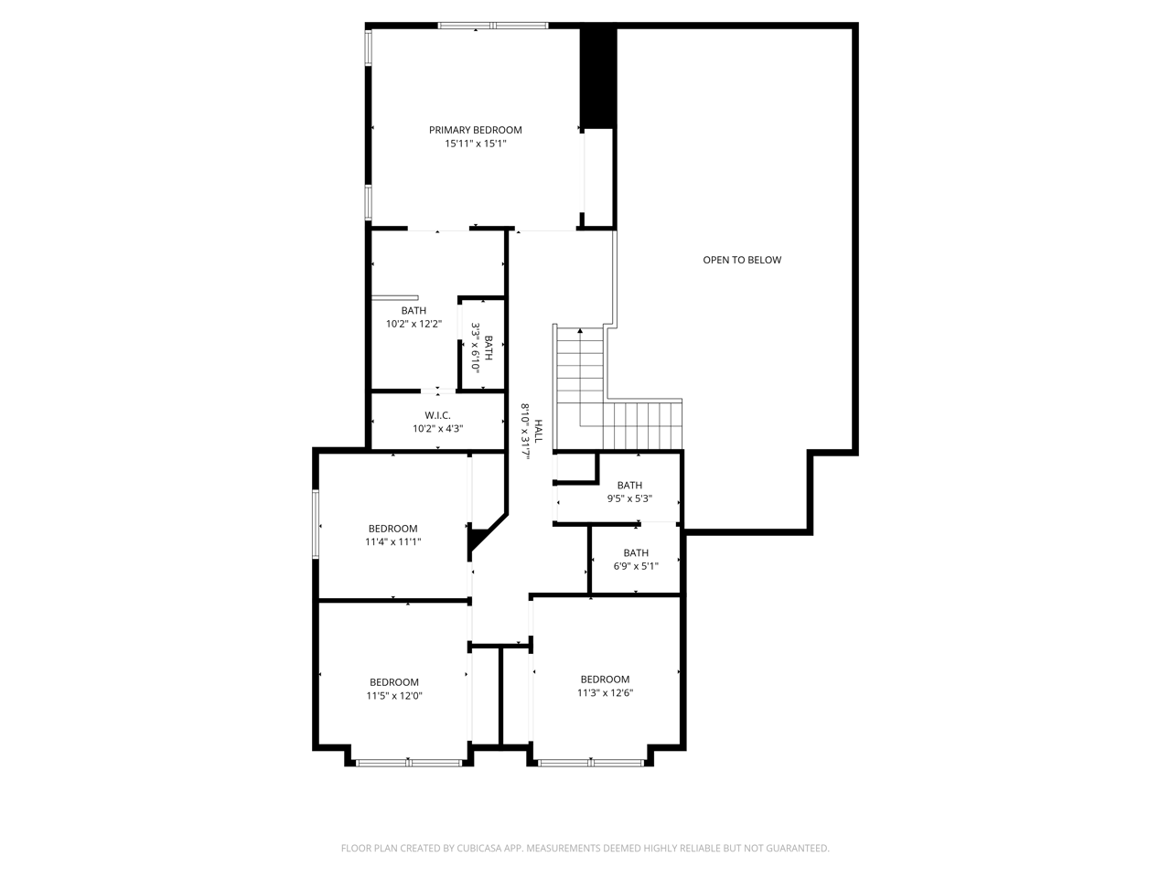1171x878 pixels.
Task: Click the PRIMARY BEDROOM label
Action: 475,130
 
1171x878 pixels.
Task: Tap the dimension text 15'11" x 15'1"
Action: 475,144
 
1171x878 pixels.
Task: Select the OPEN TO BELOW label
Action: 742,260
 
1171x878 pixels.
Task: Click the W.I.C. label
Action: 437,415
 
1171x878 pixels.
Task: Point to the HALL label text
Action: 539,432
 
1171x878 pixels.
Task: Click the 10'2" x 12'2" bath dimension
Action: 414,324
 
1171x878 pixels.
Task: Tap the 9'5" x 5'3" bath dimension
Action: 629,498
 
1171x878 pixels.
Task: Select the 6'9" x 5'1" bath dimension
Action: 636,566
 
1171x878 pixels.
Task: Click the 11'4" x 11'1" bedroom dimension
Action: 392,541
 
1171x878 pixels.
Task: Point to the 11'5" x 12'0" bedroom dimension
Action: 394,695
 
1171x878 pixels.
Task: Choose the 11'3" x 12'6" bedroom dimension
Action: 605,692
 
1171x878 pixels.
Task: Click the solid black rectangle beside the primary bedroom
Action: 598,78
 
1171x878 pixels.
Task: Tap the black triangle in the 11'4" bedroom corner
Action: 476,539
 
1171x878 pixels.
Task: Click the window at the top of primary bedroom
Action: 493,26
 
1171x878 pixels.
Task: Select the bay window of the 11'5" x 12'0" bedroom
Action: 409,762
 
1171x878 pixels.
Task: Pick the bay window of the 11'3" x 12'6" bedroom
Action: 591,762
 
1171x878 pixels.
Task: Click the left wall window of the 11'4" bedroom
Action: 316,524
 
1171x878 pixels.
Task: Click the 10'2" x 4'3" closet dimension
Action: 437,429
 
